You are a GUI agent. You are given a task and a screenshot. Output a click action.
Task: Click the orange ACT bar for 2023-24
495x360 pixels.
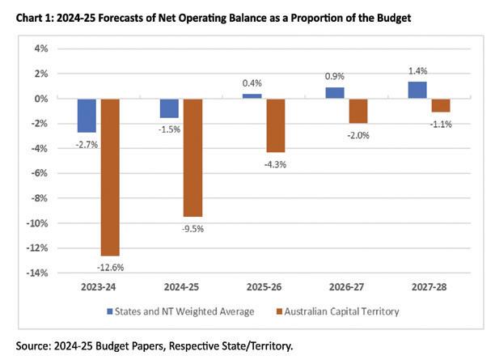[x=110, y=177]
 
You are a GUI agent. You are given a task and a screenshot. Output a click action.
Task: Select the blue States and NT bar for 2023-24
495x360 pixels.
[x=87, y=116]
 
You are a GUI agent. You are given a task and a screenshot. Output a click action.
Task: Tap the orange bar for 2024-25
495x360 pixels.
[x=192, y=158]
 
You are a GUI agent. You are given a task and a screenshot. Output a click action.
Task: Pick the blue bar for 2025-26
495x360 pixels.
[x=253, y=96]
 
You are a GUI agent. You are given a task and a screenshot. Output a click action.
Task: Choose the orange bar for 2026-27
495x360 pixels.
[x=358, y=111]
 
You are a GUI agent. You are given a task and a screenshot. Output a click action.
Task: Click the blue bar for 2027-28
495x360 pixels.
[x=418, y=91]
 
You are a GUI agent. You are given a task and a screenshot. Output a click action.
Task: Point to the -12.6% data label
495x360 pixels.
[x=110, y=265]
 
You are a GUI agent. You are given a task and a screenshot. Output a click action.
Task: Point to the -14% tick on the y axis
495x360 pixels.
[x=36, y=273]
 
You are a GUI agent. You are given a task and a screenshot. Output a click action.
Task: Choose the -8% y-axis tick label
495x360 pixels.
[x=39, y=198]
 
